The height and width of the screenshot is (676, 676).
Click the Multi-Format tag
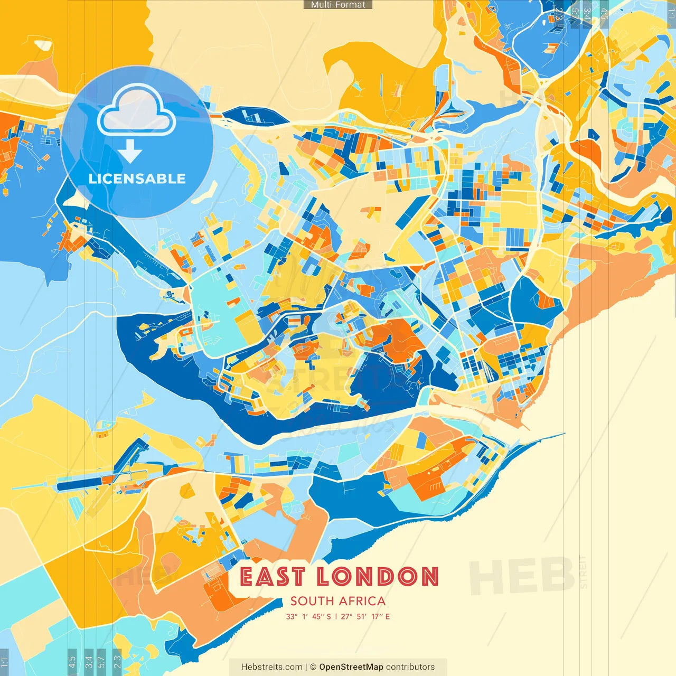pyautogui.click(x=338, y=5)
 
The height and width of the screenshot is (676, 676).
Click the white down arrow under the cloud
pyautogui.click(x=130, y=152)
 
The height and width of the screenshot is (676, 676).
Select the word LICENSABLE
pyautogui.click(x=137, y=179)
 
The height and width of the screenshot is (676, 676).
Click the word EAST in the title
pyautogui.click(x=273, y=577)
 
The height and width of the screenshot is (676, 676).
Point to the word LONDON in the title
pyautogui.click(x=378, y=577)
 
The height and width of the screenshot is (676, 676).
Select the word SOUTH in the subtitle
pyautogui.click(x=312, y=601)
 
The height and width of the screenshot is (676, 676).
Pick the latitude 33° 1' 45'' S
pyautogui.click(x=308, y=616)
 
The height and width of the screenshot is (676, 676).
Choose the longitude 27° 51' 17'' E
pyautogui.click(x=365, y=616)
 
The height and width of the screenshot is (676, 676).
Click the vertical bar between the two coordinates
pyautogui.click(x=336, y=616)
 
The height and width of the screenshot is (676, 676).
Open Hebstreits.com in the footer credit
pyautogui.click(x=271, y=667)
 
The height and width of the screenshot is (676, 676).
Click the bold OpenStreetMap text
pyautogui.click(x=351, y=667)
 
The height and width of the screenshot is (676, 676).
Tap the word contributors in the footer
pyautogui.click(x=410, y=667)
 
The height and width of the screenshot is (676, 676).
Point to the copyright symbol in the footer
pyautogui.click(x=313, y=667)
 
